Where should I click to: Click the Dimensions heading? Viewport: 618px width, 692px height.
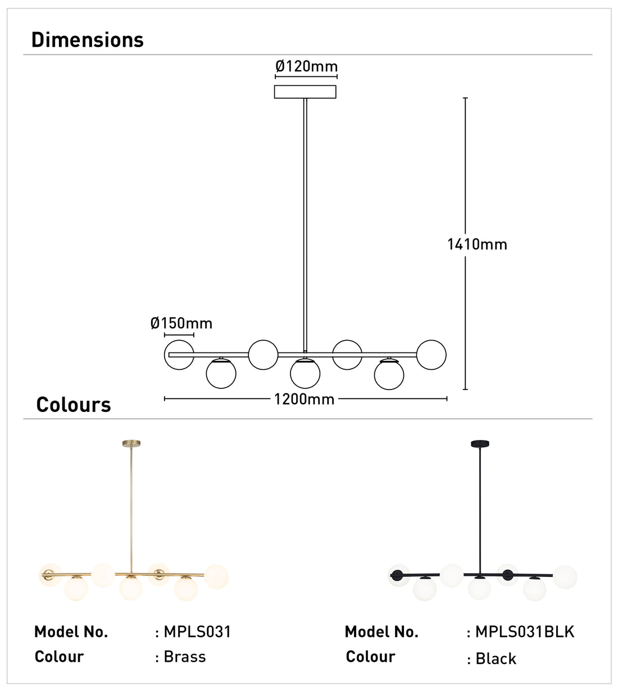coord(88,40)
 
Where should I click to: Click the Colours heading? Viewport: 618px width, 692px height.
coord(74,405)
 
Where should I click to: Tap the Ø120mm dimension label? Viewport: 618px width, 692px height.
coord(306,67)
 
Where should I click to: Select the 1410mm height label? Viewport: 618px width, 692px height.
coord(477,244)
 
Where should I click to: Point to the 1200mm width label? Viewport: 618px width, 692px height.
coord(304,400)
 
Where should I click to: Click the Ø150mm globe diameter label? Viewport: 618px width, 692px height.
coord(181,323)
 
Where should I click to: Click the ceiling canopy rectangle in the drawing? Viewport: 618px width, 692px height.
coord(305,91)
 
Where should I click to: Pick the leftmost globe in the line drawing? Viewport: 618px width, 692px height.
coord(179,355)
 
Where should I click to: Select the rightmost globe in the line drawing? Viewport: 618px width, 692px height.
coord(431,355)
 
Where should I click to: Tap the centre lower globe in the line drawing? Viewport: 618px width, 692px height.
coord(305,374)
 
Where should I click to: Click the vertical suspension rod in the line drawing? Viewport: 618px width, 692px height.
coord(305,224)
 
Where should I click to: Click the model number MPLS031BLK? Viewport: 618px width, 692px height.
coord(525,632)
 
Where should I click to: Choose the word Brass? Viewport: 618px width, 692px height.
coord(185,657)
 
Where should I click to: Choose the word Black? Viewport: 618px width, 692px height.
coord(496,658)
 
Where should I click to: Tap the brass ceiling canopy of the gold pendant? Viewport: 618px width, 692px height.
coord(131,443)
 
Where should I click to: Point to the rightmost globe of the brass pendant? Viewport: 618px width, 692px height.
coord(217,577)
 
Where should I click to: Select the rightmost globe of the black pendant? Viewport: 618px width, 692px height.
coord(565,577)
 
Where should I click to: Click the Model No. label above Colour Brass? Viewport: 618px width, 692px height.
coord(71,632)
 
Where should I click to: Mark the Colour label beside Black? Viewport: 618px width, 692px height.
coord(371,657)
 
